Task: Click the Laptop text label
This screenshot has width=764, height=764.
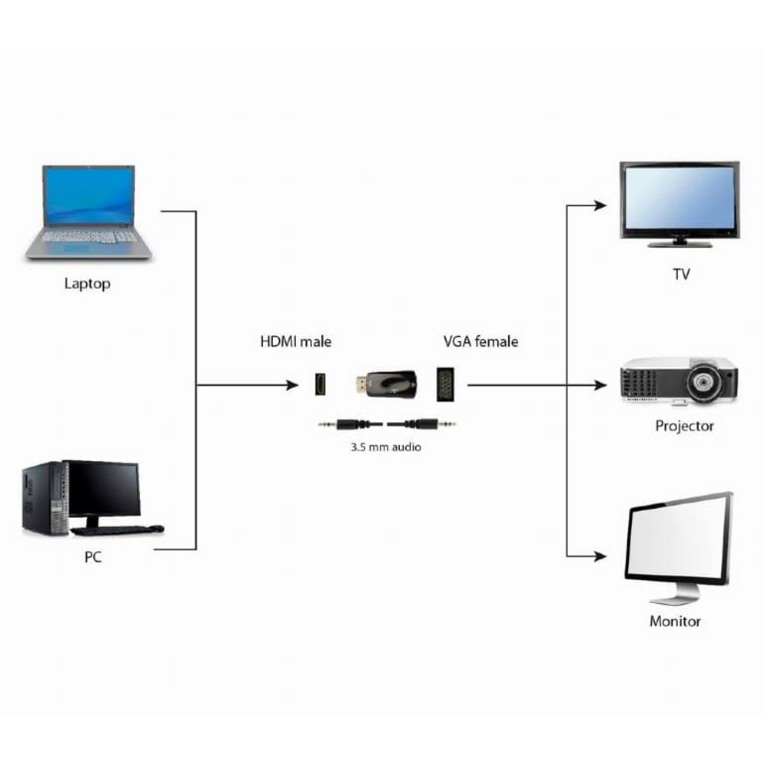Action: [x=87, y=284]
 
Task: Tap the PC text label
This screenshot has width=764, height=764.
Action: [x=93, y=557]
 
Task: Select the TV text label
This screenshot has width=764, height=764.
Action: [x=681, y=274]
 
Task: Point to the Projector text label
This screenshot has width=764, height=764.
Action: [x=684, y=426]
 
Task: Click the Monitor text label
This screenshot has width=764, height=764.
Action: [x=675, y=621]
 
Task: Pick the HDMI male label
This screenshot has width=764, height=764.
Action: [x=296, y=342]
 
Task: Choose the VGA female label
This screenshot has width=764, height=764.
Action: [x=481, y=342]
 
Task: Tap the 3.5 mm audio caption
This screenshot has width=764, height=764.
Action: [x=386, y=447]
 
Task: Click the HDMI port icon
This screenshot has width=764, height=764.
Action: [x=320, y=384]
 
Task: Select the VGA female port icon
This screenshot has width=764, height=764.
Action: [x=445, y=385]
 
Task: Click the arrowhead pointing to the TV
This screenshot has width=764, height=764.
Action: [x=600, y=206]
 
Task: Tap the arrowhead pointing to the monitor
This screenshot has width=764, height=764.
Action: [x=600, y=557]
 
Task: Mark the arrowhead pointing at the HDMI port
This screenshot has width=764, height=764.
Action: [x=292, y=385]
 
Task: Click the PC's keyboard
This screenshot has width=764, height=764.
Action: [x=117, y=530]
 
